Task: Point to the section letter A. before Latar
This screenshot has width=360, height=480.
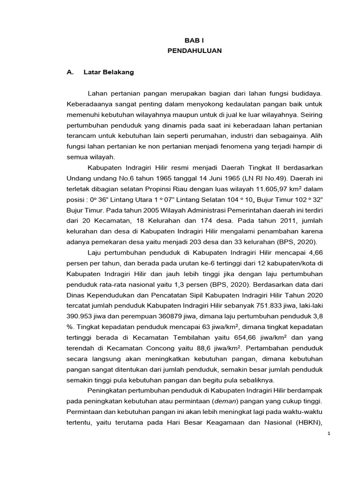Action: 71,72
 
